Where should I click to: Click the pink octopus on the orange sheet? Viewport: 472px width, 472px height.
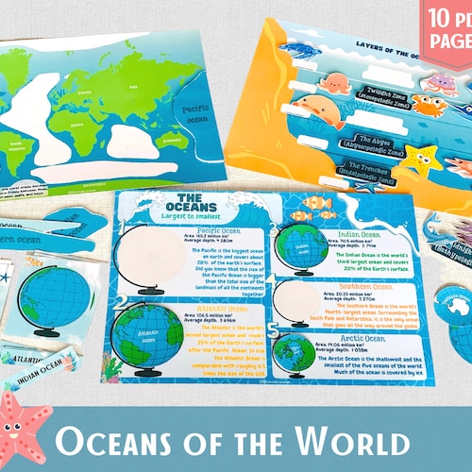pos(334,83)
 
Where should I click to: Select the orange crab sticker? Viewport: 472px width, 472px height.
pos(430,105)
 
